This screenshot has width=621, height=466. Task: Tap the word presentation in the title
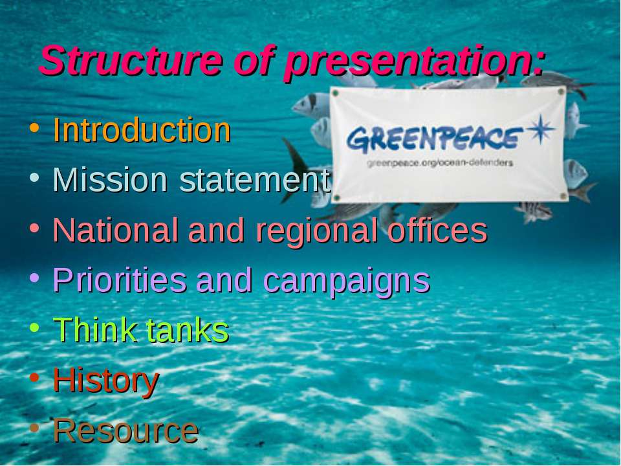coord(415,63)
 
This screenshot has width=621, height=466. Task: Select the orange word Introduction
coord(142,129)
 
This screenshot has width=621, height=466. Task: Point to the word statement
coord(255,181)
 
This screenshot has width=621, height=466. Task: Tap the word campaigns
coord(347,282)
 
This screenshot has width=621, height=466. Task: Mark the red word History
coord(106,382)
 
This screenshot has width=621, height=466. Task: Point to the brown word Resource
coord(126,430)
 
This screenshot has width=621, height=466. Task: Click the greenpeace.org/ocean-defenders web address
coord(440,163)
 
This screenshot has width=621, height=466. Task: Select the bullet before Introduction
coord(34,128)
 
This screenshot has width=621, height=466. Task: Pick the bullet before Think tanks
coord(34,327)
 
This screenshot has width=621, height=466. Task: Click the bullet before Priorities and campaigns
coord(34,278)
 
